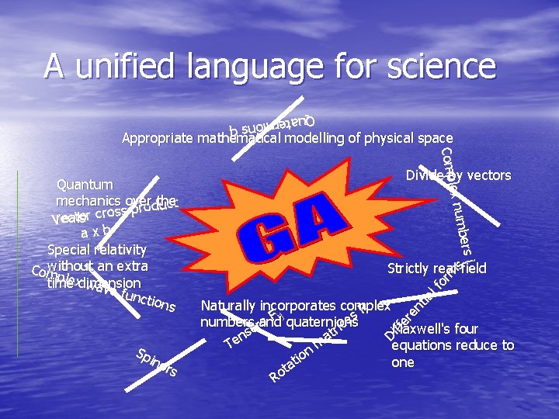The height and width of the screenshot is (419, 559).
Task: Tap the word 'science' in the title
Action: (430, 66)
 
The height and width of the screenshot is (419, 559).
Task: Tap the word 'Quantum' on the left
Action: (85, 185)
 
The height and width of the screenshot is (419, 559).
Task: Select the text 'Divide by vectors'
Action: (458, 175)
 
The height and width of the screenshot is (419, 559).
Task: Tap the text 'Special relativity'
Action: (97, 250)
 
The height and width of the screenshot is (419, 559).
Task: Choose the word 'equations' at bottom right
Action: (424, 345)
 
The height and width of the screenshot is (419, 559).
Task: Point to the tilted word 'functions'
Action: (148, 300)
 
